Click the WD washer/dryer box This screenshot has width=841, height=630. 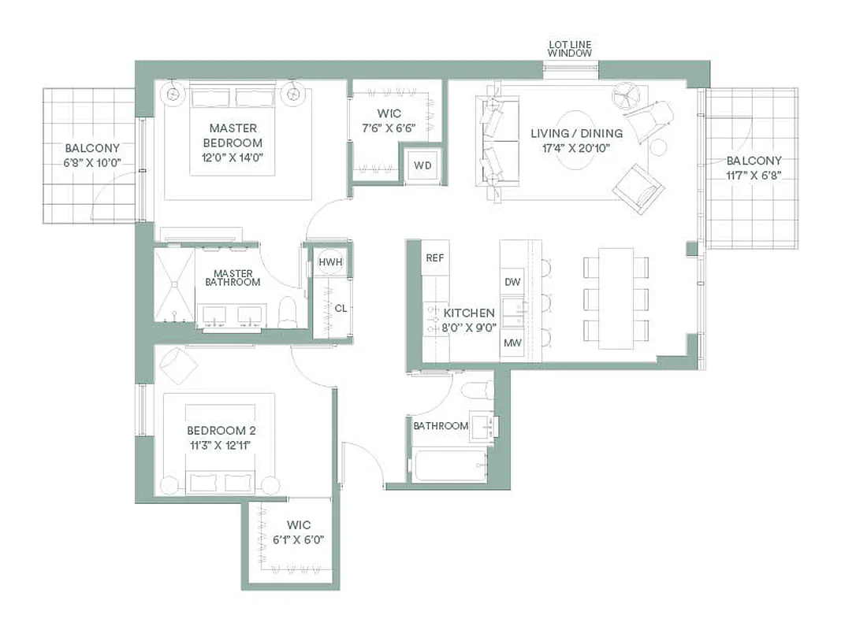422,165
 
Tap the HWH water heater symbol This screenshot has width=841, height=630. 329,261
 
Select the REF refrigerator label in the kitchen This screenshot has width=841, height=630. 435,258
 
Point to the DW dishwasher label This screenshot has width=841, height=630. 512,282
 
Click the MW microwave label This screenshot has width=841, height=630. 512,343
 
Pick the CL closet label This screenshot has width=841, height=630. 340,309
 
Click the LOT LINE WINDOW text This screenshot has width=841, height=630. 571,48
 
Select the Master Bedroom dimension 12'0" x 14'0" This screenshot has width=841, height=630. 233,157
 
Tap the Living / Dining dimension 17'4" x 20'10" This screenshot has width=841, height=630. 576,147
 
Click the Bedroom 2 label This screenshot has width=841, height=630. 221,431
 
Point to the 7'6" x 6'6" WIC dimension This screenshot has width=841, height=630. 389,128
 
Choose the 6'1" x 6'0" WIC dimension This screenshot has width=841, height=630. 298,539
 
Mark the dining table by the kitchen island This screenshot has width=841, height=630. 616,298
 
